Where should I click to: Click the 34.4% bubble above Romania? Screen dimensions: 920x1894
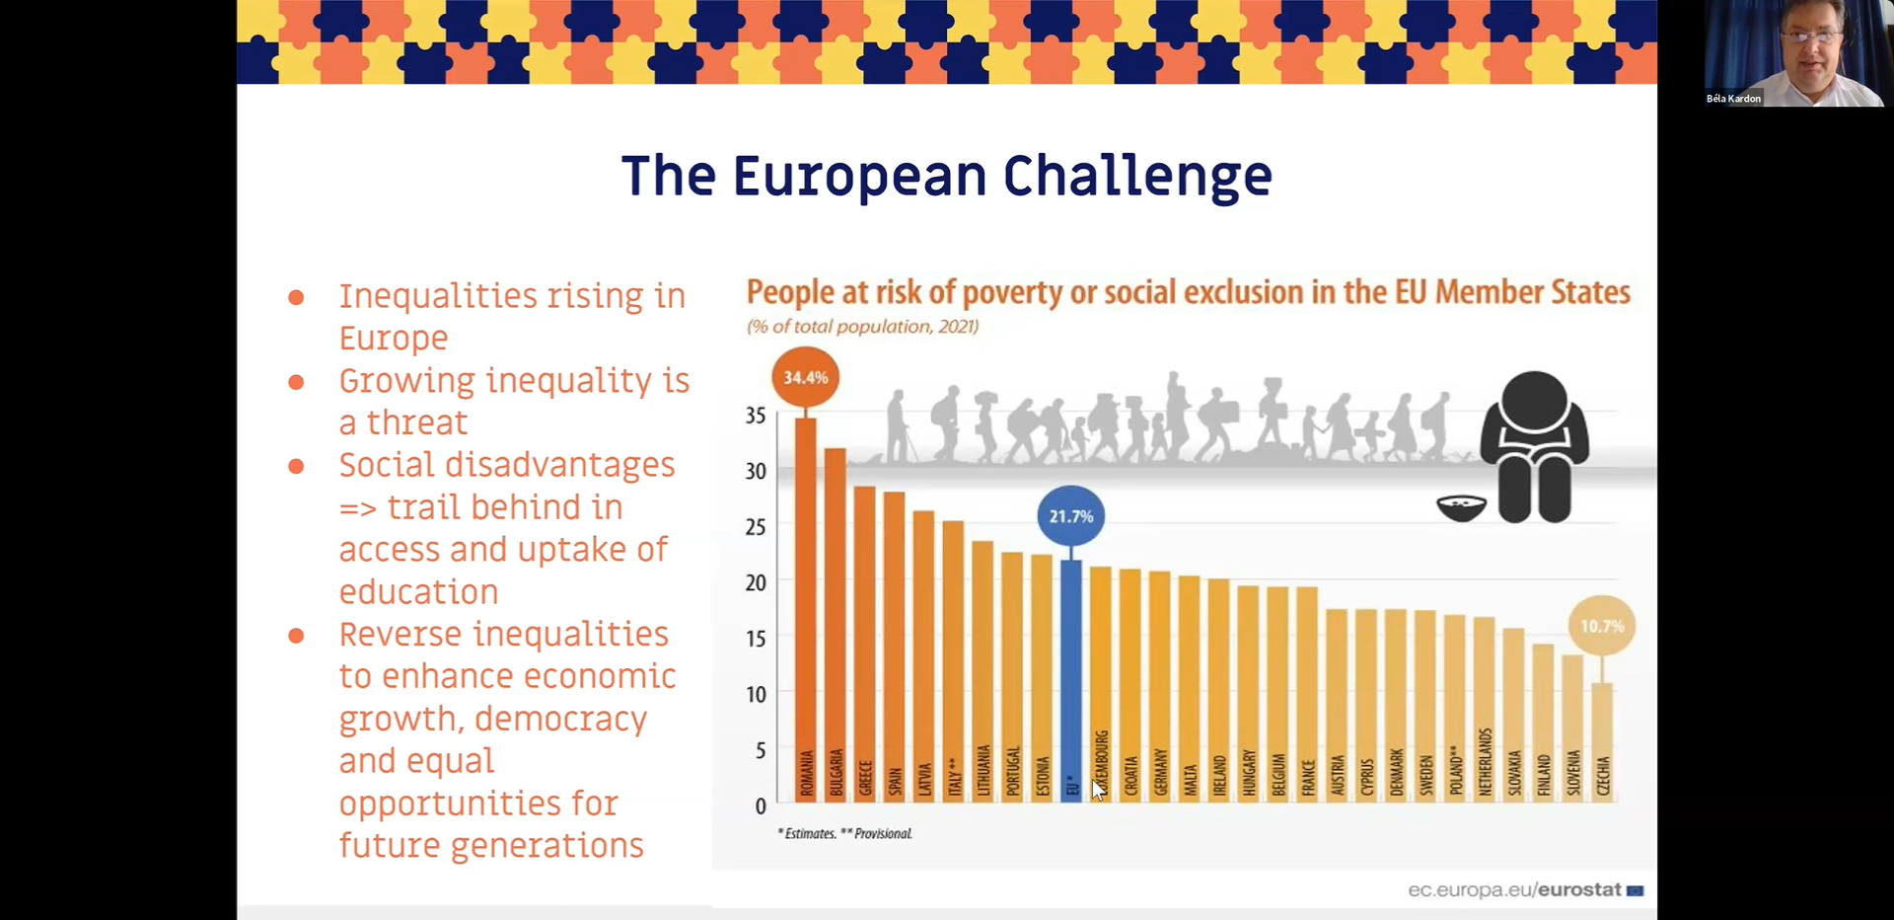pos(805,377)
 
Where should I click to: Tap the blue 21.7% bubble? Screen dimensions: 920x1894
pos(1070,516)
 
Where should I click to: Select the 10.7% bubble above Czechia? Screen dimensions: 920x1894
pos(1601,626)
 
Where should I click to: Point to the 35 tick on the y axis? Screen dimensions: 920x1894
pos(756,416)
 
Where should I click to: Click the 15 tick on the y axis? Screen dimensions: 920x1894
pos(756,639)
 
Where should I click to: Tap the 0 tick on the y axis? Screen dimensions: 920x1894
pos(760,806)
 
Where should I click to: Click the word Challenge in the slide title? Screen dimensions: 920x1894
pos(1137,177)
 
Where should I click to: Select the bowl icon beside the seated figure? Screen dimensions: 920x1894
pos(1461,508)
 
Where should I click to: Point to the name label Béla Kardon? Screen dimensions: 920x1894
pos(1733,99)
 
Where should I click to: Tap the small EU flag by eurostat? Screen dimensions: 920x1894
pos(1635,890)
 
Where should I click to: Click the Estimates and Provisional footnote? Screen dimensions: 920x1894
pos(844,834)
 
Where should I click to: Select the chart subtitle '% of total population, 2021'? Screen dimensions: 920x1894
pos(862,327)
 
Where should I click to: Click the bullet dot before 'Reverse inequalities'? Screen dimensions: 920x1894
pos(296,636)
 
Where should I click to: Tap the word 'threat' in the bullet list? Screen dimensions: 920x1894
pos(416,422)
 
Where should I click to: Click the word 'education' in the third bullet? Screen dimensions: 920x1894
pos(418,592)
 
